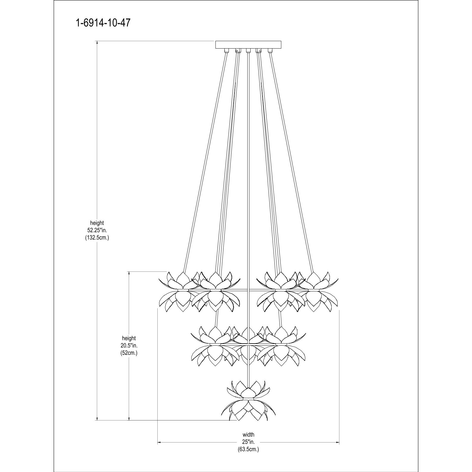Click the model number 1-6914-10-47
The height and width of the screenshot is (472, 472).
[103, 23]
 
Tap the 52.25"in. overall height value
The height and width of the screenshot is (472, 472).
[97, 230]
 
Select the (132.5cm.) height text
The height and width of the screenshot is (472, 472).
[97, 238]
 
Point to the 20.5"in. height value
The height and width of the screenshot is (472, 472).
[129, 346]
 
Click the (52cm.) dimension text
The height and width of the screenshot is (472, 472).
[129, 353]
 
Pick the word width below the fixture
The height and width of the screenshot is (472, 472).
[248, 435]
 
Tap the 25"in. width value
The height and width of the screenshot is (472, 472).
[248, 442]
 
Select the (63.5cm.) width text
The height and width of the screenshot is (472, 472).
[248, 449]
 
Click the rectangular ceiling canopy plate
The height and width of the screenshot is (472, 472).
[248, 44]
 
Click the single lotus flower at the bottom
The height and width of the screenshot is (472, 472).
[248, 402]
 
